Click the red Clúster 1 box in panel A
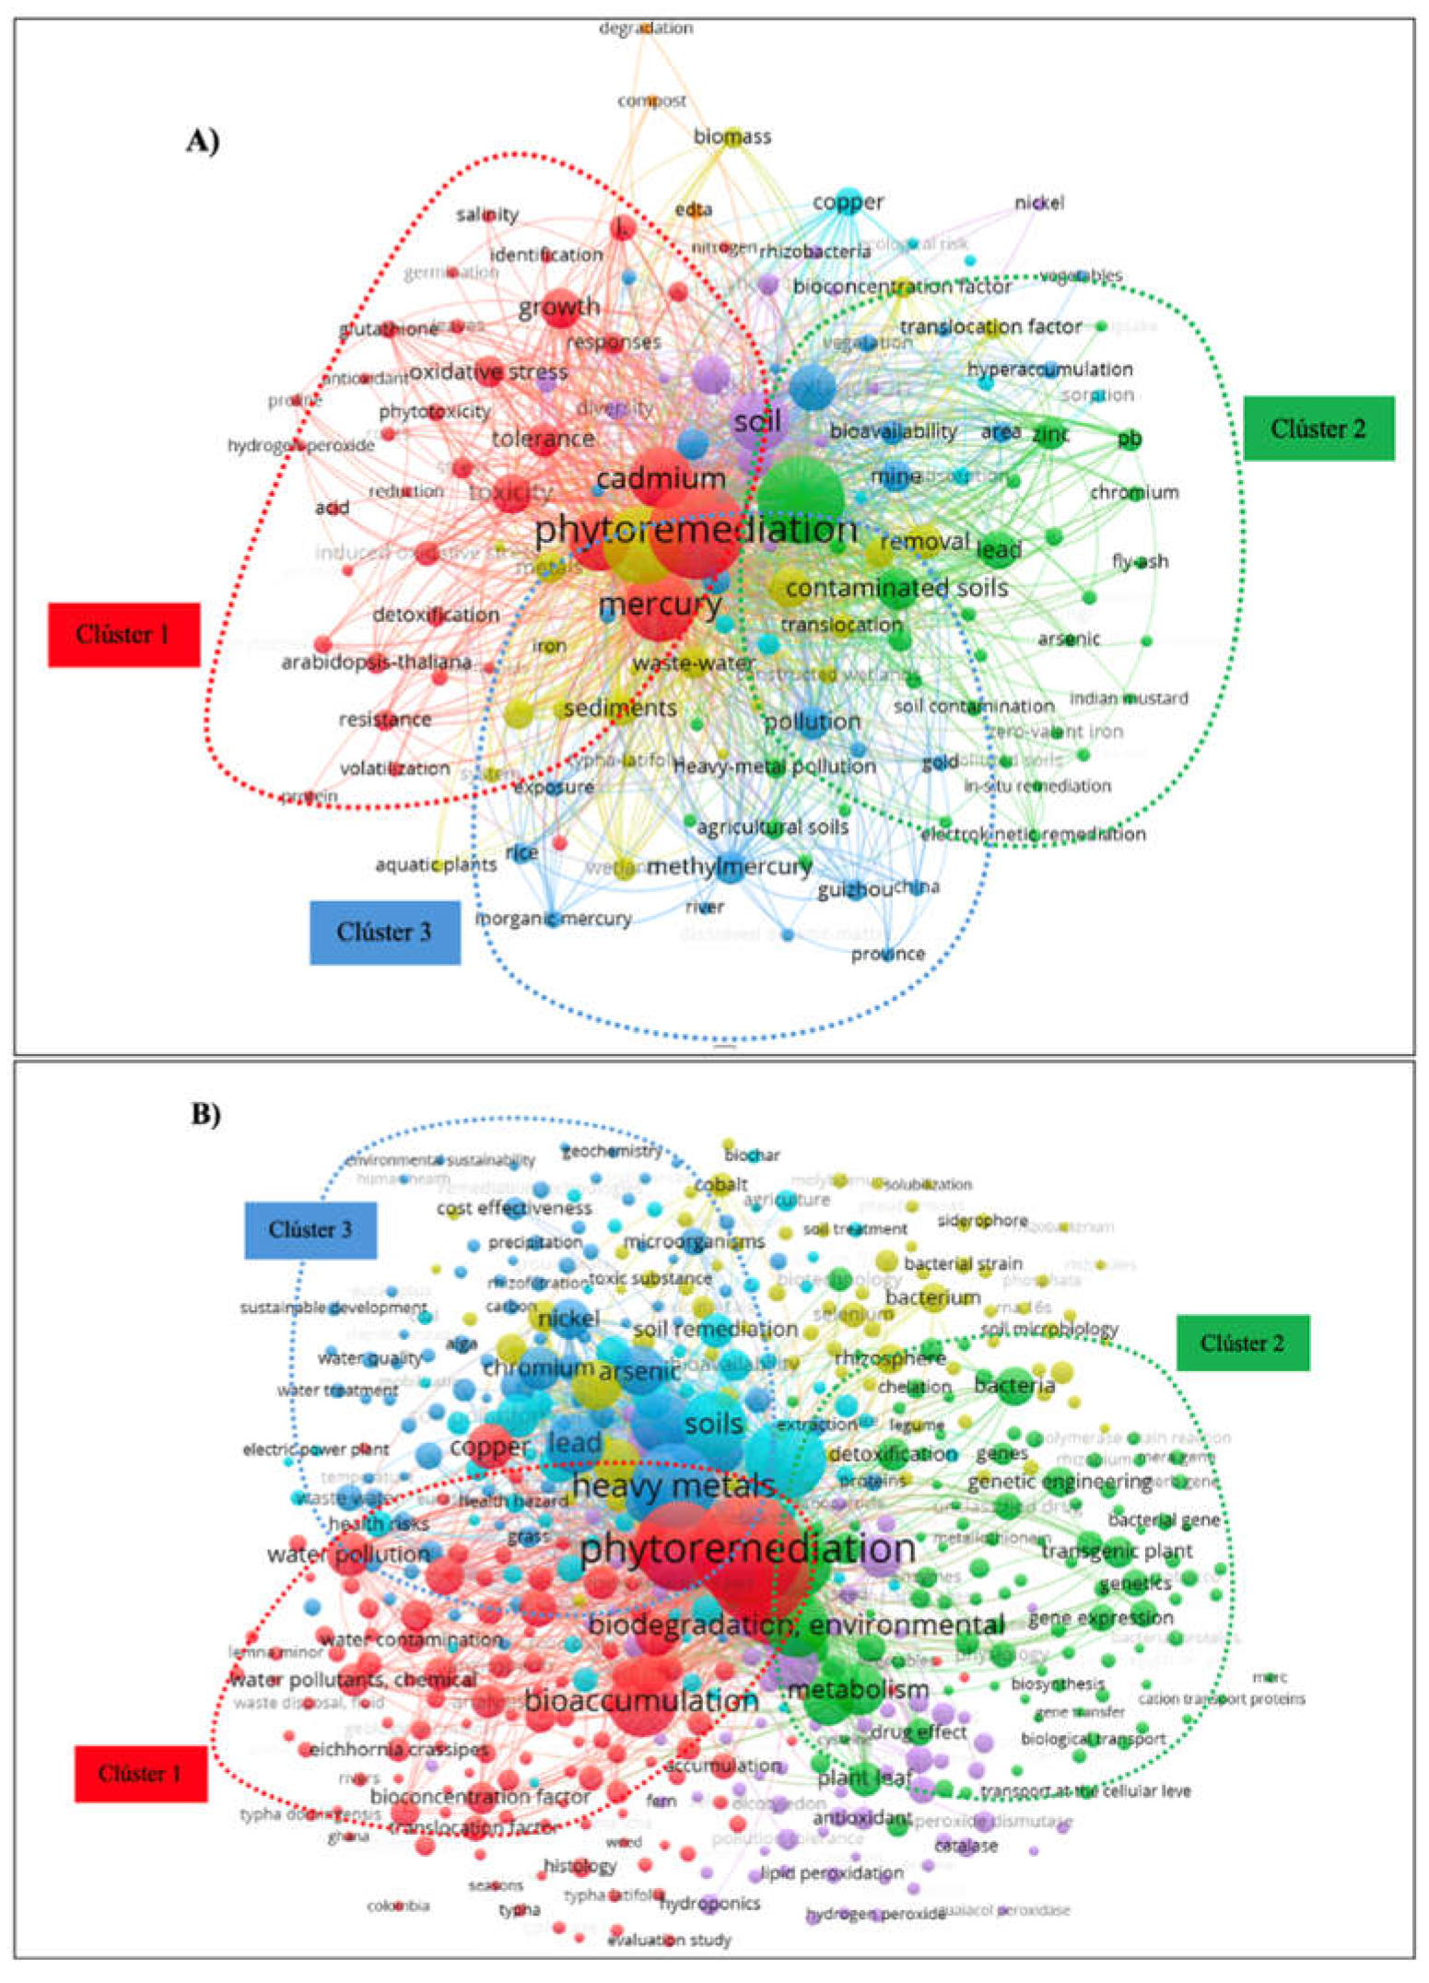point(123,634)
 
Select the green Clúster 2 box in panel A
point(1318,428)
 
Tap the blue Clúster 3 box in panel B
point(310,1229)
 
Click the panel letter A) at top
point(203,141)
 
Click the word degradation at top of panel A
point(646,29)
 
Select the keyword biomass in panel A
point(732,136)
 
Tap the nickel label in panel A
point(1039,203)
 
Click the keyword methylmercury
point(730,867)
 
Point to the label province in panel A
point(887,954)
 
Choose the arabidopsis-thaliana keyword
point(376,662)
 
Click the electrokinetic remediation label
point(1034,834)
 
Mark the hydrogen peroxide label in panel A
point(301,446)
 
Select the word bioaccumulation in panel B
point(641,1701)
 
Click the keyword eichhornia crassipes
point(399,1749)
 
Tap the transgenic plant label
point(1117,1551)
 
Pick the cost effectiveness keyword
point(514,1207)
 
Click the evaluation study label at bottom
point(669,1940)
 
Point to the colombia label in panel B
point(398,1906)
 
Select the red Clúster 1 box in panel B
point(140,1774)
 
